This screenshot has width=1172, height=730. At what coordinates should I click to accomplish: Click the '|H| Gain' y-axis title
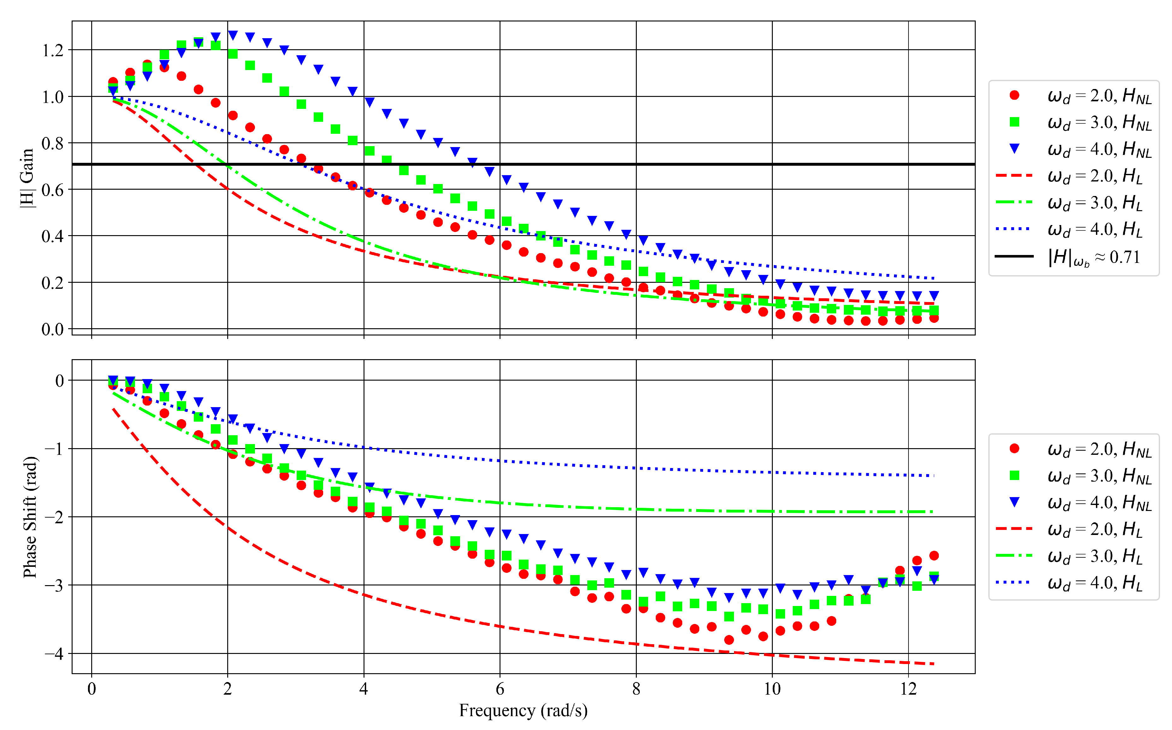click(27, 178)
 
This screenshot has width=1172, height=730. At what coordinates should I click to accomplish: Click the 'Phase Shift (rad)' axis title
click(30, 517)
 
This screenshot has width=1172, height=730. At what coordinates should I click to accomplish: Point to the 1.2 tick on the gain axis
click(53, 50)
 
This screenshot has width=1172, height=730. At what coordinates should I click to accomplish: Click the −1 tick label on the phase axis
click(54, 449)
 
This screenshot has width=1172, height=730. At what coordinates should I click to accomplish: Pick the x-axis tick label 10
click(772, 689)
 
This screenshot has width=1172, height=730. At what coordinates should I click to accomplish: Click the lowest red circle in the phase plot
click(729, 640)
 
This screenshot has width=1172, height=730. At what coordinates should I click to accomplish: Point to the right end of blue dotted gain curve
click(934, 279)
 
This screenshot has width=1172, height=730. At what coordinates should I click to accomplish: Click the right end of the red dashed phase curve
click(934, 664)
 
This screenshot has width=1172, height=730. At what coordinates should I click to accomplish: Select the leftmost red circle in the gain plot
click(113, 82)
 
